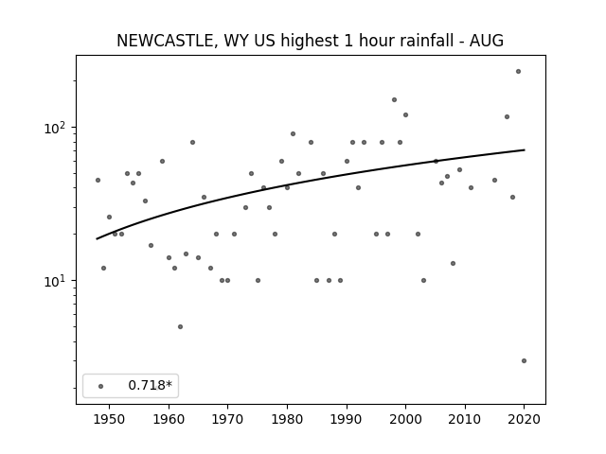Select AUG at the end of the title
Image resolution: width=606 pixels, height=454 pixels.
pyautogui.click(x=486, y=41)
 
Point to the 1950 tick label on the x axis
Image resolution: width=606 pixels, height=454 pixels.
pyautogui.click(x=110, y=419)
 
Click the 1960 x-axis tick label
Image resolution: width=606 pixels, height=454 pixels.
pyautogui.click(x=169, y=419)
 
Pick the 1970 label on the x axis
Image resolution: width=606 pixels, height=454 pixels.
pyautogui.click(x=228, y=419)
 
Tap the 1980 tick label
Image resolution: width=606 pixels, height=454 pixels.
pyautogui.click(x=287, y=419)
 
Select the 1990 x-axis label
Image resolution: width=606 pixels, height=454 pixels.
pyautogui.click(x=347, y=419)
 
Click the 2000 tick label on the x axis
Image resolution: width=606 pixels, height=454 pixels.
pyautogui.click(x=406, y=419)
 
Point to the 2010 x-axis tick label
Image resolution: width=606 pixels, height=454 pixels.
pyautogui.click(x=465, y=419)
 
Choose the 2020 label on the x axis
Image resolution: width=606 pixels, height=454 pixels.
pyautogui.click(x=524, y=419)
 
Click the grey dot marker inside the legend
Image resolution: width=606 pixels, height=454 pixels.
pyautogui.click(x=101, y=386)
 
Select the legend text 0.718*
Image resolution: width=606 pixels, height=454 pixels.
pyautogui.click(x=150, y=385)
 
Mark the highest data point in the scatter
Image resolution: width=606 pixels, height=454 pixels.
pyautogui.click(x=518, y=72)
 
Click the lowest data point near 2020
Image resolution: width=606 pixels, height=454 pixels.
pyautogui.click(x=524, y=360)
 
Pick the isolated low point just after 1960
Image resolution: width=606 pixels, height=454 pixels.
pyautogui.click(x=180, y=326)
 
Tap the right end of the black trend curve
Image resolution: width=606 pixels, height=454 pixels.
pyautogui.click(x=525, y=149)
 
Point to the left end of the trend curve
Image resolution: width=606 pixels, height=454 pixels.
pyautogui.click(x=97, y=239)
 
